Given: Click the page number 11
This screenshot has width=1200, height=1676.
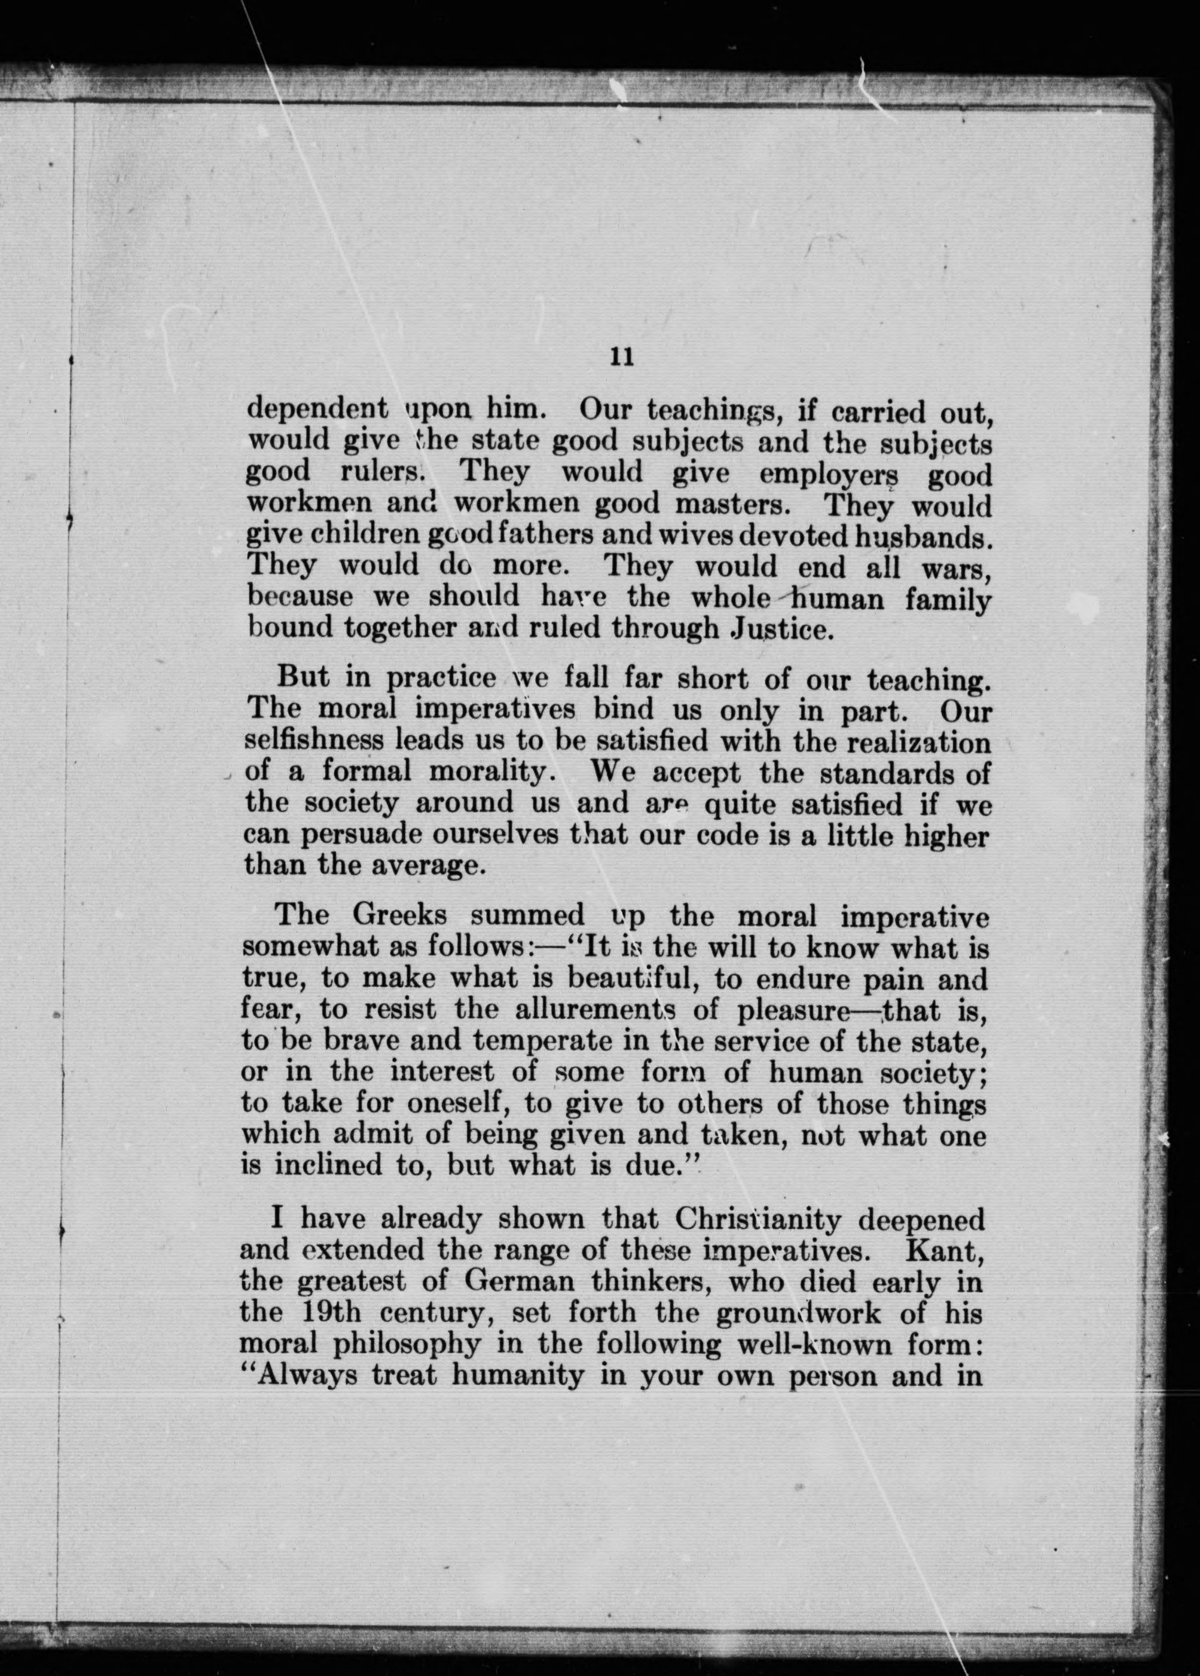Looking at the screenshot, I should (x=620, y=357).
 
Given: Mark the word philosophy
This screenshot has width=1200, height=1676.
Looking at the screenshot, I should (x=405, y=1344).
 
